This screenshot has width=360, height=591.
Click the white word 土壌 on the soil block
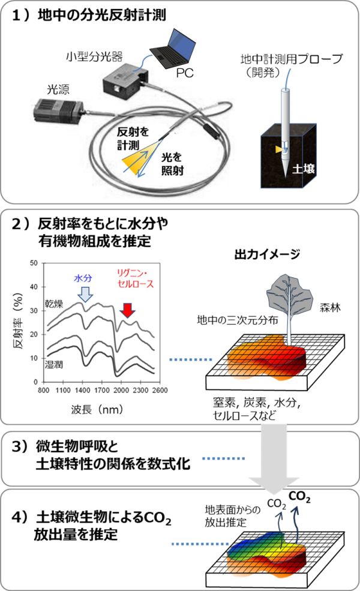(x=302, y=170)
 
